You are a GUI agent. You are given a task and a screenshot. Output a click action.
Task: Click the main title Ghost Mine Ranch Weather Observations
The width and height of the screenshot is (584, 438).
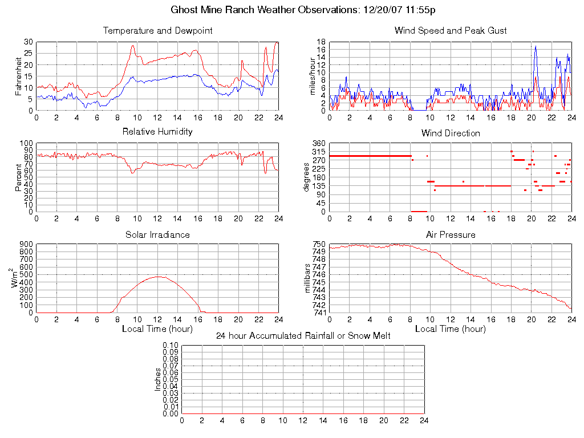click(x=303, y=10)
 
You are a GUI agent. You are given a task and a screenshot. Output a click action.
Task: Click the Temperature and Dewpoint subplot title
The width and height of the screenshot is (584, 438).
click(x=157, y=31)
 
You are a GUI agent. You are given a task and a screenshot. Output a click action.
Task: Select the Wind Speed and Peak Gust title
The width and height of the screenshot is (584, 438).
click(x=451, y=31)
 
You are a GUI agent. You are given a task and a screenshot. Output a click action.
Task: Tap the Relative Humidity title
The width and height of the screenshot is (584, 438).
click(x=157, y=132)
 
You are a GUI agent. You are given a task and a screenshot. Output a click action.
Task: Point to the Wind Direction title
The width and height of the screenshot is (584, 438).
click(x=451, y=133)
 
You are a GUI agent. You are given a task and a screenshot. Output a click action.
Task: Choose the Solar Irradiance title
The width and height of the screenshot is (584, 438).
click(x=157, y=235)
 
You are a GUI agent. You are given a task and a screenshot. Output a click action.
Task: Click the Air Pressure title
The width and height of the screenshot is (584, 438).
click(x=451, y=235)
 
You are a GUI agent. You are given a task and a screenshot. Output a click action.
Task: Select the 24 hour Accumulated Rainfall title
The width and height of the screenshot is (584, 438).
click(x=303, y=336)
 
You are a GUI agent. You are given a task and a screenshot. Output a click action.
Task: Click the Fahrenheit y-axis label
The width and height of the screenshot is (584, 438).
click(x=19, y=76)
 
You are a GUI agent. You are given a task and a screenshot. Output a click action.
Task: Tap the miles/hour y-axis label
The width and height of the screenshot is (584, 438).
click(x=312, y=76)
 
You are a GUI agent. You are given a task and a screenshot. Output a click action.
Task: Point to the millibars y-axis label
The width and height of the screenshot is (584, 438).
click(x=308, y=278)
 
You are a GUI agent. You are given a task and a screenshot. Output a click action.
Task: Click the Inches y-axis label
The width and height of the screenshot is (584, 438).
click(x=159, y=379)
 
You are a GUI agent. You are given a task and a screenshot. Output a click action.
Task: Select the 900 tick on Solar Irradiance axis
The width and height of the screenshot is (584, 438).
click(x=26, y=245)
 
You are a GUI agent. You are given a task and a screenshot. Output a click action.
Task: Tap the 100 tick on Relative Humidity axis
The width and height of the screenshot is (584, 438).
click(x=26, y=143)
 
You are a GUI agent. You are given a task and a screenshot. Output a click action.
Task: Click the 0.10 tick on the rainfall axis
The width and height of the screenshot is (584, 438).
click(x=171, y=346)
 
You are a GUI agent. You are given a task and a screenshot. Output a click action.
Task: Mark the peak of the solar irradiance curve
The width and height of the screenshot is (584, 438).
click(x=158, y=277)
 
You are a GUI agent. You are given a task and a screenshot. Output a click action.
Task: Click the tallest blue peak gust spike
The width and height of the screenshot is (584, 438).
click(x=536, y=46)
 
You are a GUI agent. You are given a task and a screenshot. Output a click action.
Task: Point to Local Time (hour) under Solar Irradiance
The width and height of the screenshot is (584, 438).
click(x=157, y=329)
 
